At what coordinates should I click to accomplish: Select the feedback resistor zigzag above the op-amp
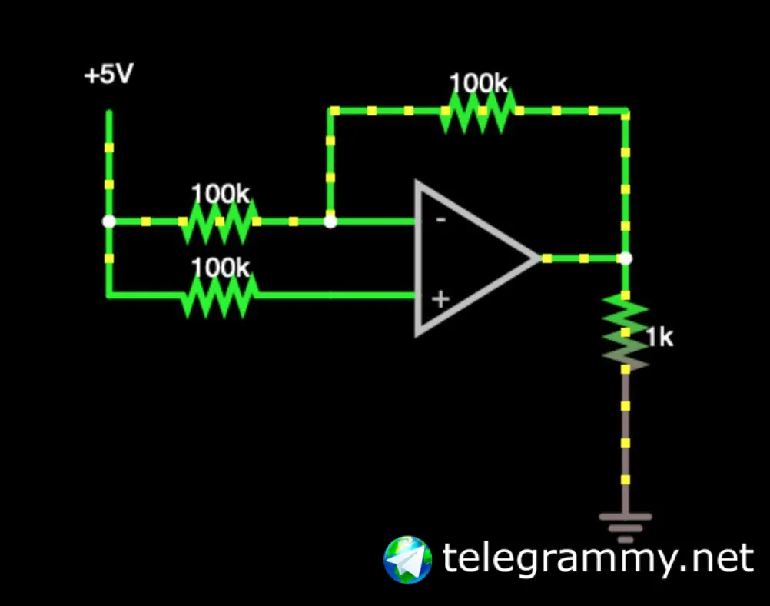coord(477,112)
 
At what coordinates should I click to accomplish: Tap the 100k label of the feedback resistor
coord(478,83)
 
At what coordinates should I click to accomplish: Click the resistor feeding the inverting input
coord(220,221)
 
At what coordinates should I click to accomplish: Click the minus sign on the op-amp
coord(441,220)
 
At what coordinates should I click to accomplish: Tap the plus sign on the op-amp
coord(440,299)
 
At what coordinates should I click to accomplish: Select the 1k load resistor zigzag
coord(626,331)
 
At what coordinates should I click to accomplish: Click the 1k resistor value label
coord(659,337)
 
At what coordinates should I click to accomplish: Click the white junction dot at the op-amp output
coord(626,258)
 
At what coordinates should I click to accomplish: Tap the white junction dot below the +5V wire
coord(109,221)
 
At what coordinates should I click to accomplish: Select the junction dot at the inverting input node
coord(330,221)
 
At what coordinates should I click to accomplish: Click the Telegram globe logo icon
coord(407,559)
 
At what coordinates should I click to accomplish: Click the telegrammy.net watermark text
coord(598,559)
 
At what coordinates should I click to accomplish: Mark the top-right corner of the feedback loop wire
coord(626,112)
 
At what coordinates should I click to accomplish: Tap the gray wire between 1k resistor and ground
coord(626,438)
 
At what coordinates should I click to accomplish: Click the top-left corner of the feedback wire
coord(331,112)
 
